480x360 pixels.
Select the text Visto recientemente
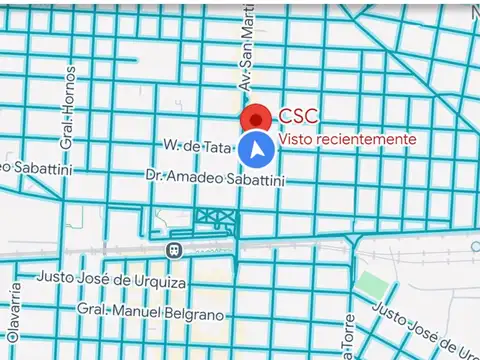[x=347, y=139]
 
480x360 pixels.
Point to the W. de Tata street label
[x=198, y=145]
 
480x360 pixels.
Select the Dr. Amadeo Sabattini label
[x=215, y=178]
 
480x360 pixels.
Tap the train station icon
[x=174, y=248]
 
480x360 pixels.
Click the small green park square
[x=372, y=285]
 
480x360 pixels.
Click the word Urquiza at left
[x=157, y=284]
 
